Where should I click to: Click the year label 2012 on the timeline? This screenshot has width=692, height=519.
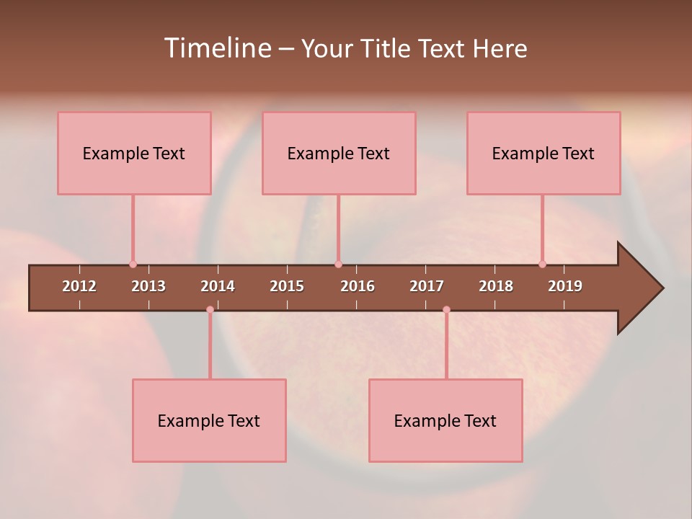click(79, 286)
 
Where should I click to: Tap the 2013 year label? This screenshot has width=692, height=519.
click(148, 286)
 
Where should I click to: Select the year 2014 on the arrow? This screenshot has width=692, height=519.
click(218, 286)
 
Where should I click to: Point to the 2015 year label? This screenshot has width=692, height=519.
click(287, 286)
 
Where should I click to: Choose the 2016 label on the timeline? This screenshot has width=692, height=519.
click(358, 286)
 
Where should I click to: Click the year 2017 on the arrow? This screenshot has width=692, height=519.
click(427, 286)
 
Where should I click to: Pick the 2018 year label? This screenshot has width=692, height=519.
click(496, 286)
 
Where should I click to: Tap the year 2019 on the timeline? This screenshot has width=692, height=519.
click(565, 286)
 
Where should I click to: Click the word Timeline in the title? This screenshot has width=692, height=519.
click(216, 48)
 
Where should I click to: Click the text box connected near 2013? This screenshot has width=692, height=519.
click(134, 153)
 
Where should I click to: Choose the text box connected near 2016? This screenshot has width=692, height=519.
click(339, 153)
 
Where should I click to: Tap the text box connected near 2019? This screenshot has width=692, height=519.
click(544, 153)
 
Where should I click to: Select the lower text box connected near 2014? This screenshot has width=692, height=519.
click(209, 420)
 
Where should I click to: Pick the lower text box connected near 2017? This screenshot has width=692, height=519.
click(445, 420)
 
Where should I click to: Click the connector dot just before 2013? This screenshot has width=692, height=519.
click(133, 265)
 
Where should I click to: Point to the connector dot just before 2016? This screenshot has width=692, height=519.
click(338, 265)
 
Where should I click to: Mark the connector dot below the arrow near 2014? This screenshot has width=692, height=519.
click(210, 310)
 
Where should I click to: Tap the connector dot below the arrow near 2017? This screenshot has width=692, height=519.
click(446, 310)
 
